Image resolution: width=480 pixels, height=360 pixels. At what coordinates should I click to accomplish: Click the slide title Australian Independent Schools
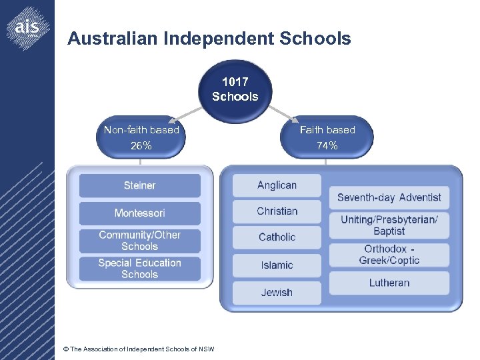pos(209,39)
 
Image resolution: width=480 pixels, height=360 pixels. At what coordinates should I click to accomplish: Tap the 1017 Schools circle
pos(235,89)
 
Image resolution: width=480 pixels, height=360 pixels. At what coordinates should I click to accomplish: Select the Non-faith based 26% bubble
pos(141,137)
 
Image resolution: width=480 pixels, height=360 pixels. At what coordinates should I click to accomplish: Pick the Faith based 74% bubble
pos(327,137)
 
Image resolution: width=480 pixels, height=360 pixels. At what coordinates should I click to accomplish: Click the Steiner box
pos(139,185)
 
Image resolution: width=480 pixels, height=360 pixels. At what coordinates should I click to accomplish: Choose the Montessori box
pos(139,213)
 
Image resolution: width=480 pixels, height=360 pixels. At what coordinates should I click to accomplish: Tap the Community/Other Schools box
pos(139,241)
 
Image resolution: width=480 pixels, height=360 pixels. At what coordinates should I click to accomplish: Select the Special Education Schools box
pos(139,269)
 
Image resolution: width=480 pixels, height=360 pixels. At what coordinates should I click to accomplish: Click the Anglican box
pos(277,185)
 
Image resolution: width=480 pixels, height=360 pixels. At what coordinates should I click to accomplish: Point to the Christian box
pos(277,211)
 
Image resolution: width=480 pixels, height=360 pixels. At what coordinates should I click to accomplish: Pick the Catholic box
pos(277,237)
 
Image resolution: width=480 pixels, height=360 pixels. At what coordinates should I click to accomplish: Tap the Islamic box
pos(277,265)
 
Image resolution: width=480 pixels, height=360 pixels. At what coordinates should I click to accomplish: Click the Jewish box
pos(277,293)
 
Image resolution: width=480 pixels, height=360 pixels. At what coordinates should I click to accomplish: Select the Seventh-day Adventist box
pos(389,197)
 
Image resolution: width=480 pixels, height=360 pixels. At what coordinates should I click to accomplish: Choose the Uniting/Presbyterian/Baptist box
pos(389,225)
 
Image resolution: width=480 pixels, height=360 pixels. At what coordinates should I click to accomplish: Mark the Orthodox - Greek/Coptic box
pos(389,255)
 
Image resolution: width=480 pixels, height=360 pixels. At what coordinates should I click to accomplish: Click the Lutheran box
pos(389,283)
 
